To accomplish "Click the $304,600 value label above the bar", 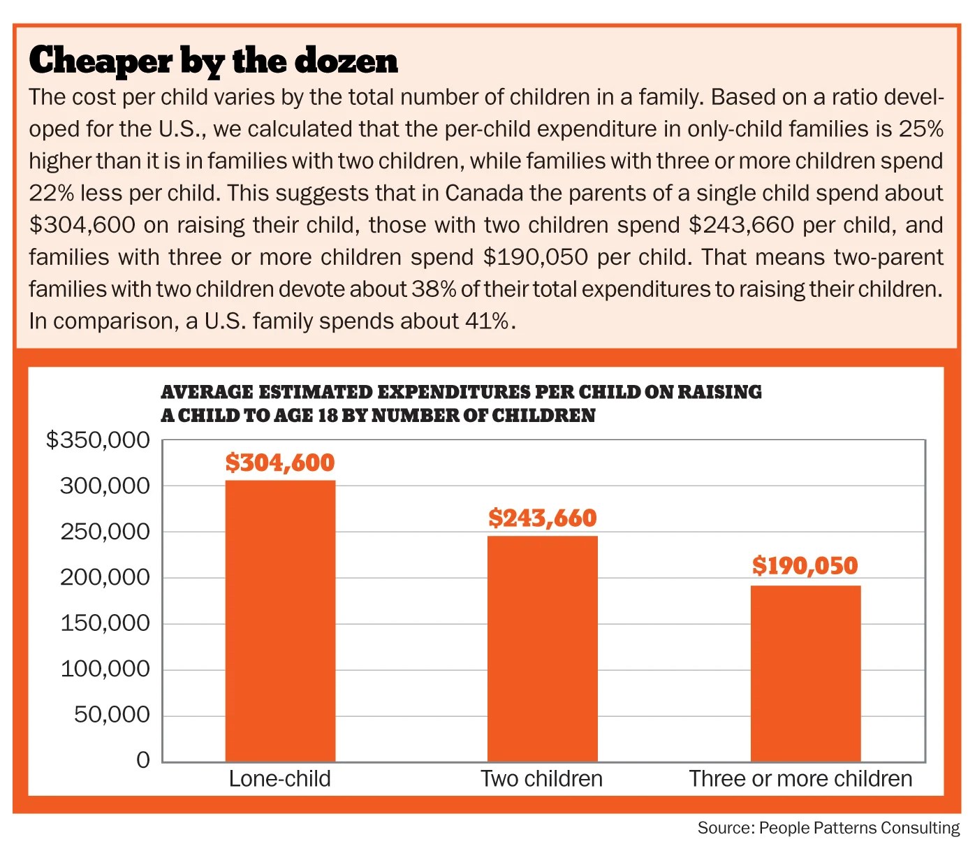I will pos(280,463).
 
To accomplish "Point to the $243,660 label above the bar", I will pos(542,518).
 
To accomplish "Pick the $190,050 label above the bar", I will pos(805,565).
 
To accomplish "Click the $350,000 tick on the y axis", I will pos(98,439).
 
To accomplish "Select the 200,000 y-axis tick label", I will pos(105,577).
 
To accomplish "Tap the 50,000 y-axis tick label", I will pos(112,714).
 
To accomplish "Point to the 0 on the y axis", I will pos(143,759).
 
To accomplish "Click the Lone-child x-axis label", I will pos(279,778).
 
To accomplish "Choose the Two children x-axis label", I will pos(541,778).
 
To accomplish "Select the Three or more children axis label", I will pos(800,778).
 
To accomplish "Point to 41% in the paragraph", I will pos(487,321).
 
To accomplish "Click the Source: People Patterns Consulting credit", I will pos(828,828).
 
